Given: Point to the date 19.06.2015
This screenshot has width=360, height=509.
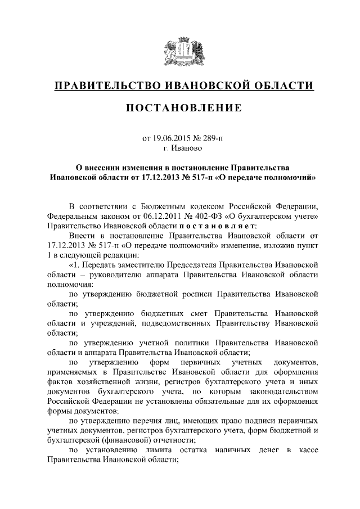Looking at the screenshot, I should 171,138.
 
